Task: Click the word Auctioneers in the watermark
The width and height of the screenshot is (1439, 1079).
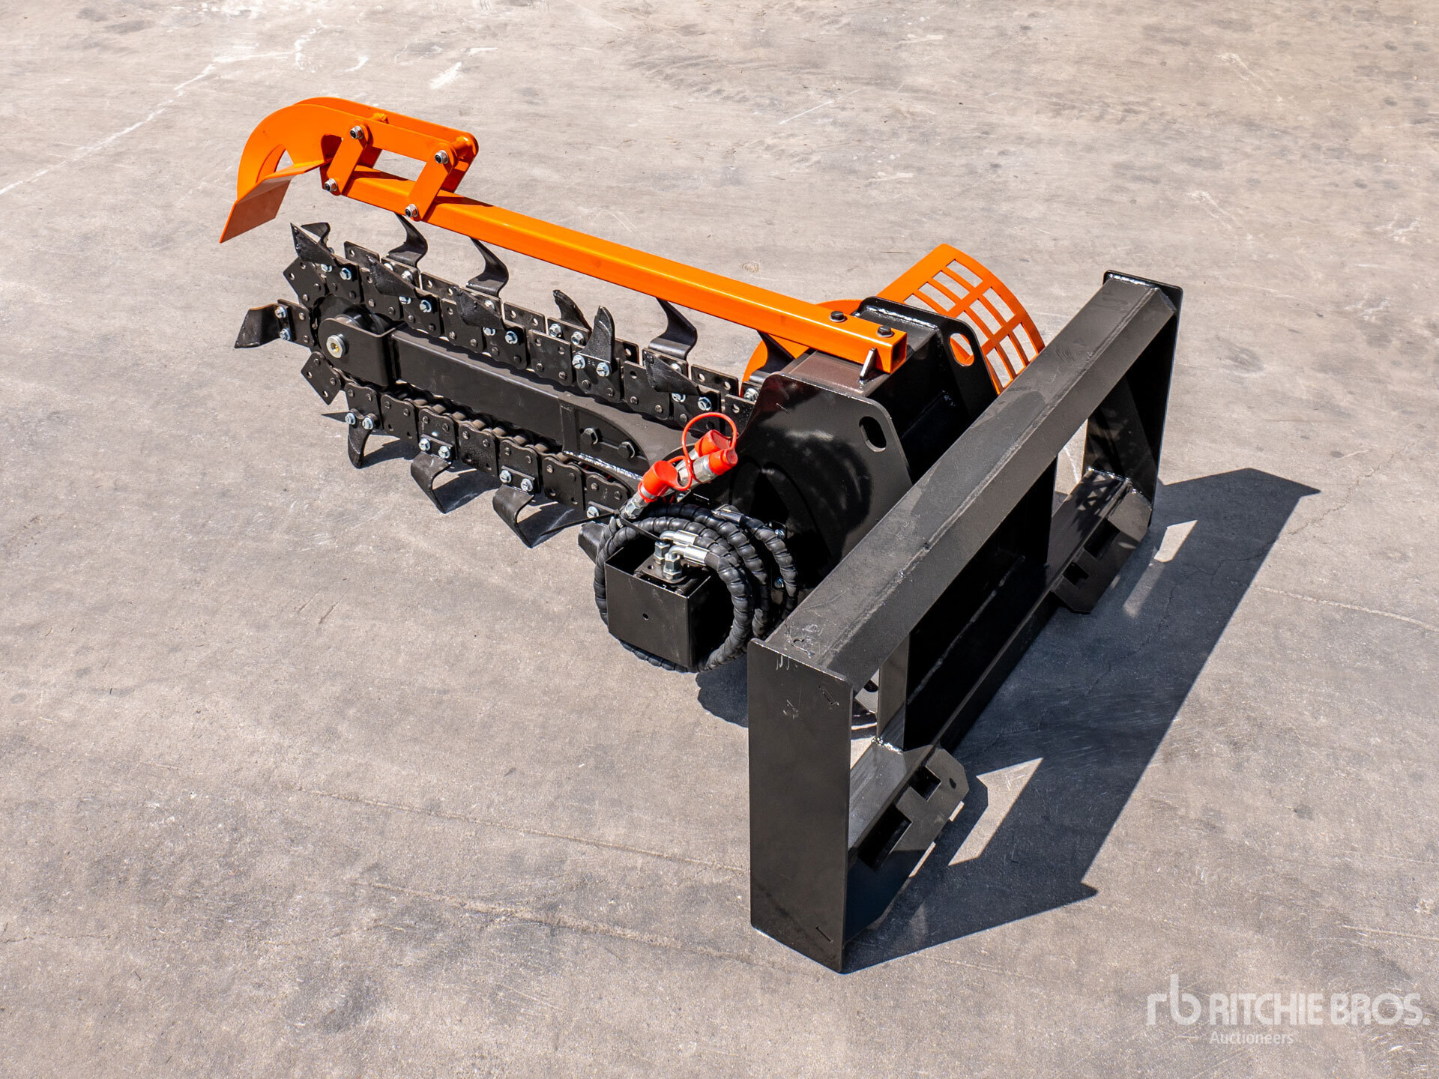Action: tap(1250, 1038)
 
